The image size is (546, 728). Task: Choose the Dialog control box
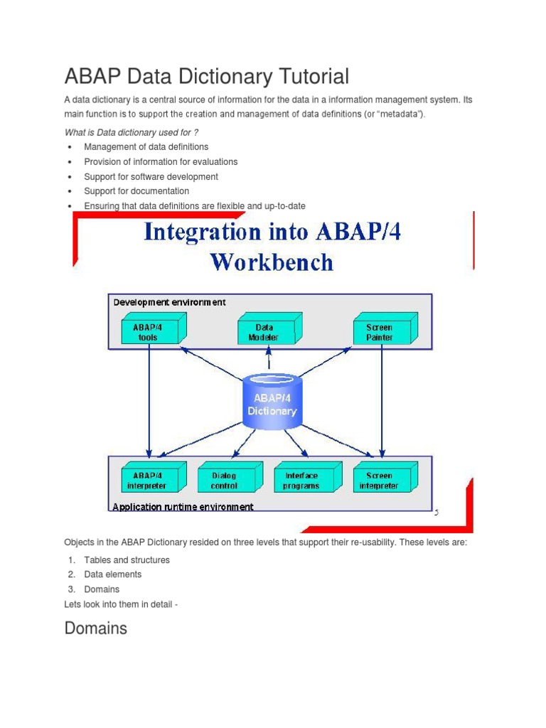point(225,480)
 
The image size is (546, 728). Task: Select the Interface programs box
point(302,480)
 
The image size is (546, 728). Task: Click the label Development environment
point(170,301)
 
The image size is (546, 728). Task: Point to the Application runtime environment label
point(183,507)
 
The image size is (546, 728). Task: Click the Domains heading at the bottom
point(95,628)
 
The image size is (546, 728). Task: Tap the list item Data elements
point(112,574)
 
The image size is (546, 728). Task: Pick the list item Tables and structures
point(127,560)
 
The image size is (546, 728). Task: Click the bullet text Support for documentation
point(136,191)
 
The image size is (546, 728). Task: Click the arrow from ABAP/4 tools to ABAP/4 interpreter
point(149,398)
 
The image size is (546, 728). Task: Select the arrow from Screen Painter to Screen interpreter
point(382,398)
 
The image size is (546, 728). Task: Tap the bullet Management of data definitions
point(146,147)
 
